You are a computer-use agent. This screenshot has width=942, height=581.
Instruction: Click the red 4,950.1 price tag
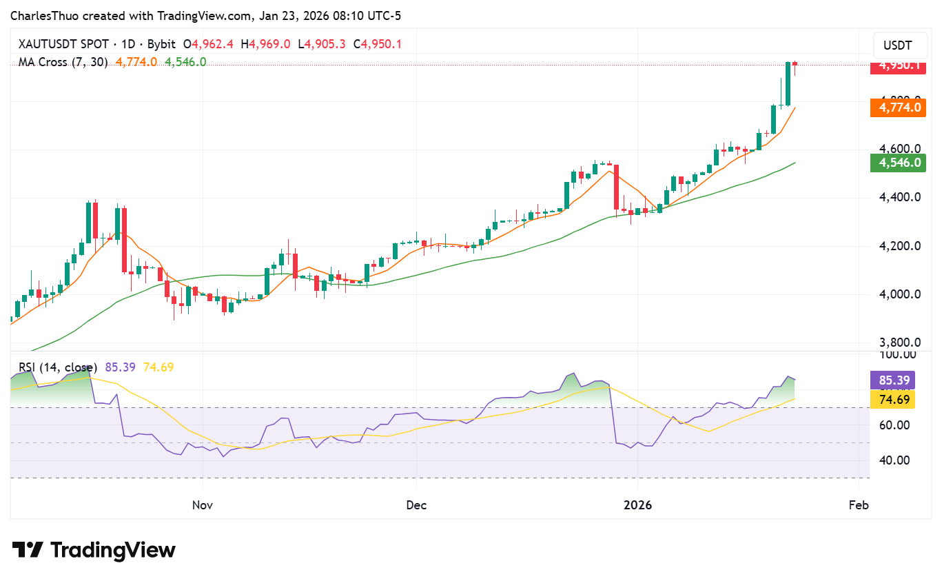coord(897,65)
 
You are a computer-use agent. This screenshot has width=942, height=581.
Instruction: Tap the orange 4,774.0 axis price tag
coord(897,108)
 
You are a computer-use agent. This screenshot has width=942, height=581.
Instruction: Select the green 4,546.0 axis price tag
coord(897,163)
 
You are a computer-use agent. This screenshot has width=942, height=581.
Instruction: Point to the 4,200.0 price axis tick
coord(896,246)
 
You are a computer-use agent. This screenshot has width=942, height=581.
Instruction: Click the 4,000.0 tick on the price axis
coord(896,294)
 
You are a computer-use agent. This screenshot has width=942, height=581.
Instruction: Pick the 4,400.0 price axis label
coord(896,197)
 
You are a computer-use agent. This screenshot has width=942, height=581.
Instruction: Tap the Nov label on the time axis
coord(202,505)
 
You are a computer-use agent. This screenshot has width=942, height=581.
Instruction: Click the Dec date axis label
coord(416,505)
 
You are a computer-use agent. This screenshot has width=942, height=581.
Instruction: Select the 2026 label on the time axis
coord(637,505)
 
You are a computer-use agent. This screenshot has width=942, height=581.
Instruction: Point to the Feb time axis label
coord(858,505)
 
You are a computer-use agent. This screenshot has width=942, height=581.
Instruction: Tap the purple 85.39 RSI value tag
coord(892,380)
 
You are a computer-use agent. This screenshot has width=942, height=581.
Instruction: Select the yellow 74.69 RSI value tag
coord(892,400)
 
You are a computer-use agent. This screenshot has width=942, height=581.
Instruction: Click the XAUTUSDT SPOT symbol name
coord(65,44)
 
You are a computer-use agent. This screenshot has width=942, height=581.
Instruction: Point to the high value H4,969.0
coord(265,44)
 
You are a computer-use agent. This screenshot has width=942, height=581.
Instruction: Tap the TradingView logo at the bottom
coord(94,550)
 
